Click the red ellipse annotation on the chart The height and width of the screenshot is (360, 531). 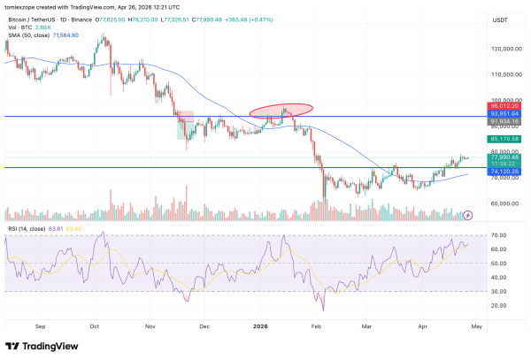tap(281, 110)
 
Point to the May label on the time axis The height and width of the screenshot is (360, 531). tap(476, 326)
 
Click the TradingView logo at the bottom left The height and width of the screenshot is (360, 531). tap(44, 346)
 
